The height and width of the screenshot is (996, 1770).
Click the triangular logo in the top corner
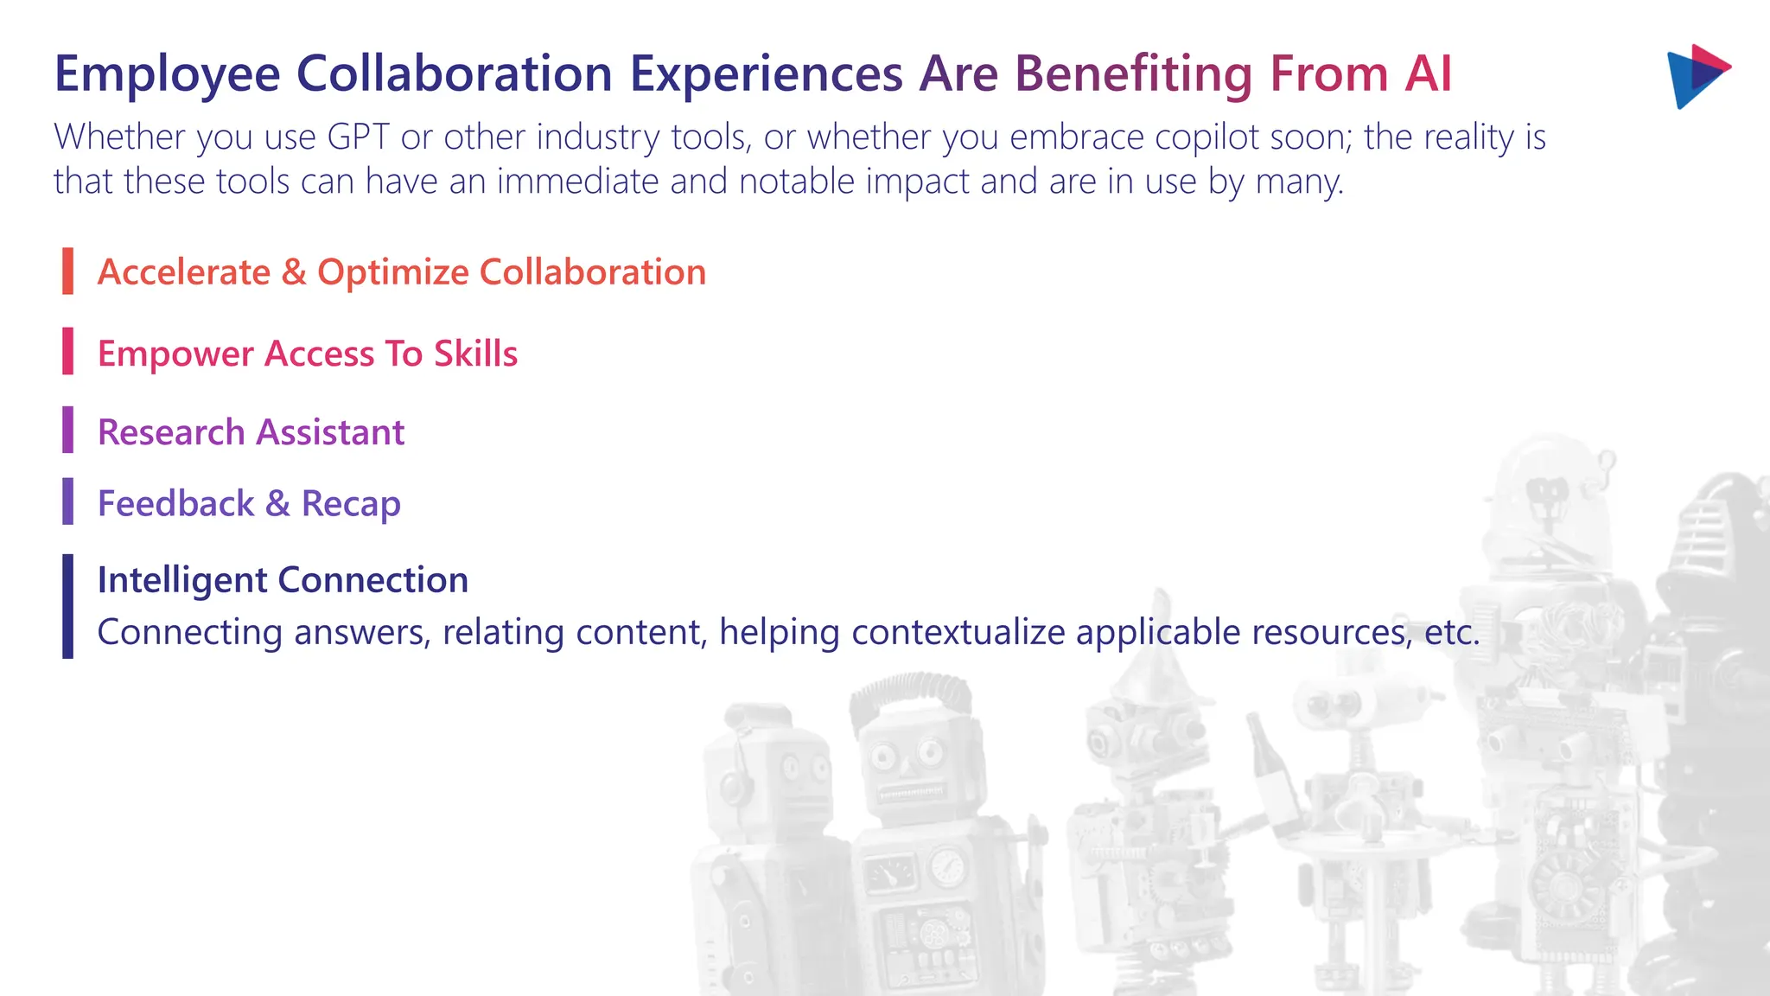(1697, 76)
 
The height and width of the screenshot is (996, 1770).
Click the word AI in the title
(1428, 74)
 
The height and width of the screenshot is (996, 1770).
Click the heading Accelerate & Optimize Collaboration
(401, 272)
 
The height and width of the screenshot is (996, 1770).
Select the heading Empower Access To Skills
(307, 354)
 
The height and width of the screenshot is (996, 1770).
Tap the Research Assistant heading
(251, 432)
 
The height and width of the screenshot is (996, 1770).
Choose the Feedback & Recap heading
(249, 504)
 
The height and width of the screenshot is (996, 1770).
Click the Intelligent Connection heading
(283, 580)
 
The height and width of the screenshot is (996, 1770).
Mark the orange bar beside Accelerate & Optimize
(67, 271)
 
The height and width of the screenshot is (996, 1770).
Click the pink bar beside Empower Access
(67, 351)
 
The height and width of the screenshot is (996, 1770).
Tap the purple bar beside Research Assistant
(67, 430)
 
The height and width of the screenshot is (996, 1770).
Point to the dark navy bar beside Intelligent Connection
(67, 606)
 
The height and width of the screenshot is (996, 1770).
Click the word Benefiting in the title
(1133, 74)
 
